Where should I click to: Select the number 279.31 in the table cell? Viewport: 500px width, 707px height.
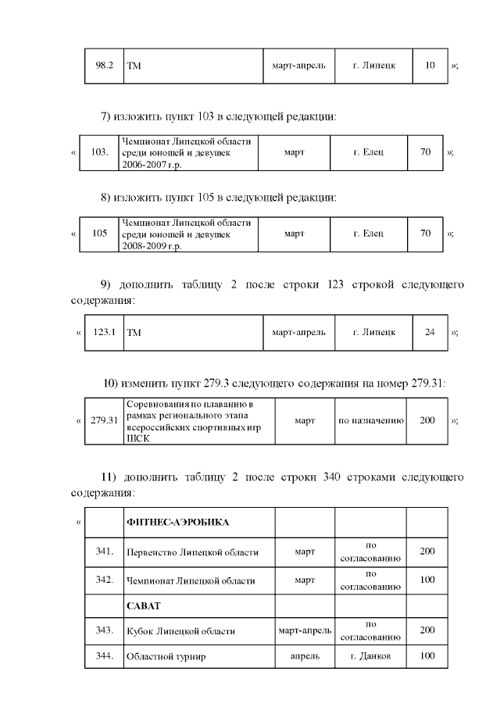pos(104,421)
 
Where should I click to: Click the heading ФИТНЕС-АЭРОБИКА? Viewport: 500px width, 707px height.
pos(177,521)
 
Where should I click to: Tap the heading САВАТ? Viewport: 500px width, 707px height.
pos(143,605)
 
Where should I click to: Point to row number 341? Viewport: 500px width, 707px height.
pos(105,552)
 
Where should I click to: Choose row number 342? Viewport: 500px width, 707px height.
pos(105,580)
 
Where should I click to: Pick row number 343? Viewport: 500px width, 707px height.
pos(105,630)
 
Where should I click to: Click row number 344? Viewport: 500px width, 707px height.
pos(105,655)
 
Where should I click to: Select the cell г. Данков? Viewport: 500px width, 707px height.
pos(371,656)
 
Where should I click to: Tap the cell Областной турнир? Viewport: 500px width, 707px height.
pos(166,657)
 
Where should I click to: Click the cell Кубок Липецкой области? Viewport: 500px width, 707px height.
pos(180,631)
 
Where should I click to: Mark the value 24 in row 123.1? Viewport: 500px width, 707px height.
pos(430,332)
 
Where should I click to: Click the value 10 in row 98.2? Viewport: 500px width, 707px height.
pos(430,66)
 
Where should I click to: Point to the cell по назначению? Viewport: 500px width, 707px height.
pos(370,421)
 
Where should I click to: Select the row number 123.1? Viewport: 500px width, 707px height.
pos(105,332)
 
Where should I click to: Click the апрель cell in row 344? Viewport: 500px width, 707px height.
pos(305,656)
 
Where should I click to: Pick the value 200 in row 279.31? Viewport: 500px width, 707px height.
pos(427,421)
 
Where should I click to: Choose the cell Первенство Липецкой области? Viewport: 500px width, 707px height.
pos(192,553)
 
